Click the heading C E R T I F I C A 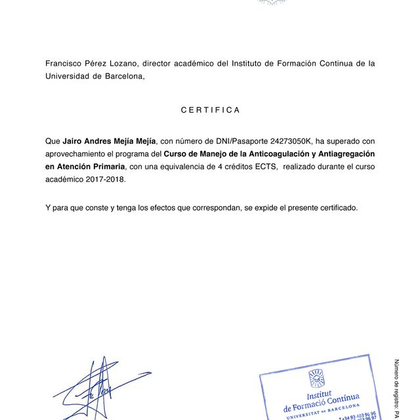210,110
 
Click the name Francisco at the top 66,64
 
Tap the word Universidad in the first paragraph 71,76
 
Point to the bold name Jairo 73,140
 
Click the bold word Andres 102,140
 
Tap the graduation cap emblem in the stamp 316,378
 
